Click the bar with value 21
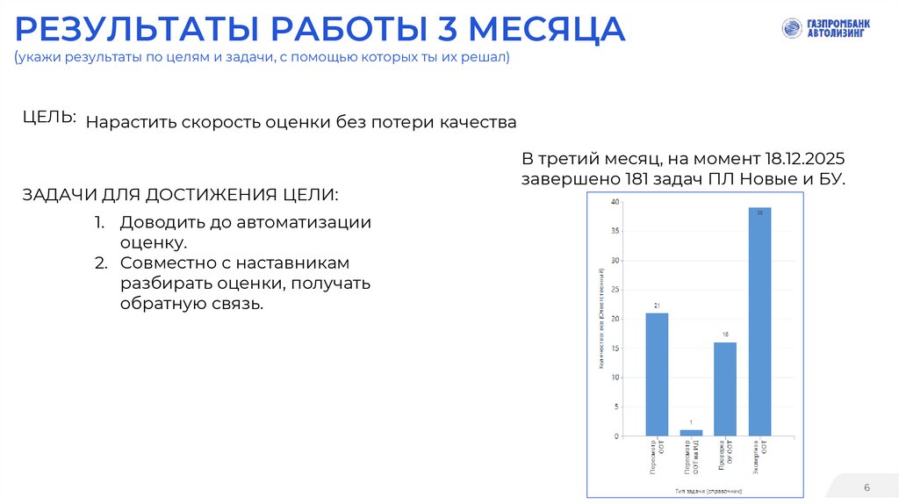657,374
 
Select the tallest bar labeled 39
759,321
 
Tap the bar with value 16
725,389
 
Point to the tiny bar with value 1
691,433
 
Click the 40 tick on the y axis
615,202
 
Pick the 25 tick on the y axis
615,290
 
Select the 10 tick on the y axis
615,378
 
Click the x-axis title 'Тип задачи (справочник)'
708,491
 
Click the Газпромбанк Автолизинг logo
824,29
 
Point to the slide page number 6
867,487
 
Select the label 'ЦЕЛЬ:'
49,118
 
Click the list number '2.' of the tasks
101,263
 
